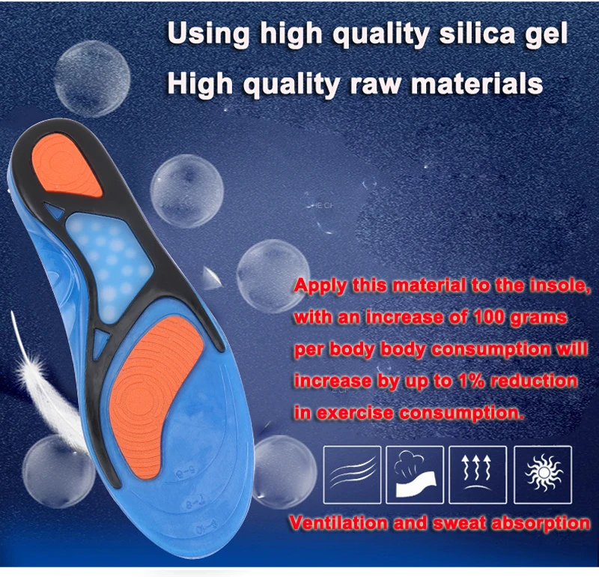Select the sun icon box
543,474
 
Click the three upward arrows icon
478,474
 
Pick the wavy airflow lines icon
352,474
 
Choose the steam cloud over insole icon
415,474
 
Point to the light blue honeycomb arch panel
109,264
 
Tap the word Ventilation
338,523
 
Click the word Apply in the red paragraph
320,286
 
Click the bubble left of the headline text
91,79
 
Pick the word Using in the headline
208,34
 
